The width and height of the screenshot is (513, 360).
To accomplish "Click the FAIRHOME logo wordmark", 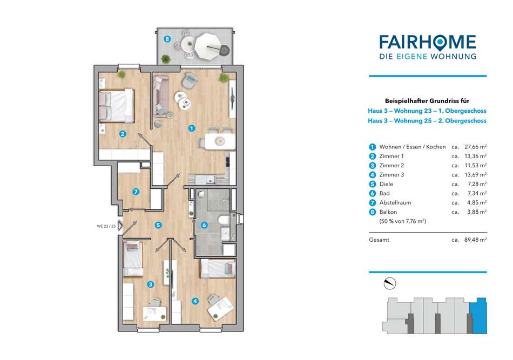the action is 428,43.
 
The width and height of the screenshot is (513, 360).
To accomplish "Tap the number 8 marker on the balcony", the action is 167,39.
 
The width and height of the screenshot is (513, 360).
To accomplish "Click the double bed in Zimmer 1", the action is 117,106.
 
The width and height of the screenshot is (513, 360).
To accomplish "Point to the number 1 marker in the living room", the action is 192,128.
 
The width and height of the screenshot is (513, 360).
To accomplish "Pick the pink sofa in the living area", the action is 160,96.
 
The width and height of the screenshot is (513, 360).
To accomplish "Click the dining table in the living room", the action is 220,141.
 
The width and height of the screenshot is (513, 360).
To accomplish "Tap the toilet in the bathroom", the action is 224,220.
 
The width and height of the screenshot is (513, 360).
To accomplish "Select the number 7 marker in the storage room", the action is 136,192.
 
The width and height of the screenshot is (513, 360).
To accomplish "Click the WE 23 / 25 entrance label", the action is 106,226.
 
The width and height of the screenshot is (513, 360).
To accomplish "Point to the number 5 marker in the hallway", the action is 158,225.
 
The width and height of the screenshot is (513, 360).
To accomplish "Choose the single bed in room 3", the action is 133,259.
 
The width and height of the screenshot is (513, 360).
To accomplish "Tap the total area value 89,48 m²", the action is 475,240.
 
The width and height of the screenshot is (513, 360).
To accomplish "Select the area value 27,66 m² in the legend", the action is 475,147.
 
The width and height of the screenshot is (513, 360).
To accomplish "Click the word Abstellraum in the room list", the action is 395,203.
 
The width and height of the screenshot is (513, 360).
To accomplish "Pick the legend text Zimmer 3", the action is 391,175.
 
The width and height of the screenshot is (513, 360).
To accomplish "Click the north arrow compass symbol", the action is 390,283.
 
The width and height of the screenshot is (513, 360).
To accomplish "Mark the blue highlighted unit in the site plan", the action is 478,316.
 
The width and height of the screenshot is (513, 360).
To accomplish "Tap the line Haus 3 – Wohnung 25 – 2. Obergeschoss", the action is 427,121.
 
